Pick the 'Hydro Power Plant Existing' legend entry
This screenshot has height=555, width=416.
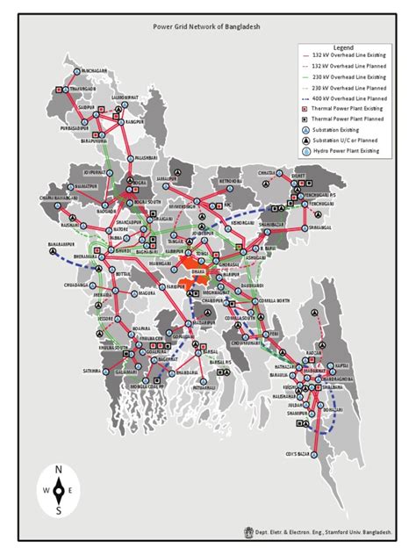[348, 151]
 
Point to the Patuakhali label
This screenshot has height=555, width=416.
[204, 386]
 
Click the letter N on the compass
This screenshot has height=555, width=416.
[59, 472]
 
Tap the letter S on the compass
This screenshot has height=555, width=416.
[59, 510]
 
